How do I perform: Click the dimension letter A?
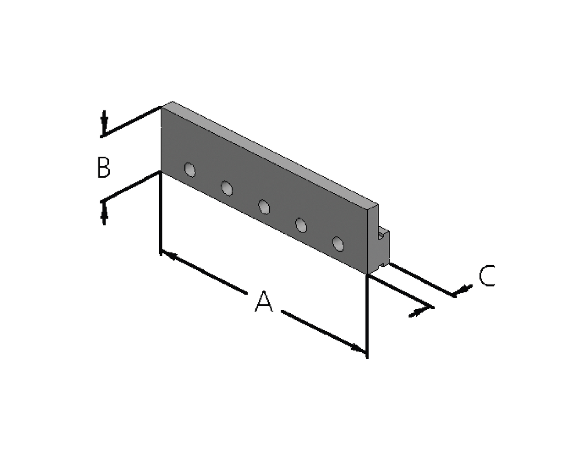pyautogui.click(x=264, y=302)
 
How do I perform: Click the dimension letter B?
pyautogui.click(x=103, y=167)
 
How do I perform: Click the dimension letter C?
pyautogui.click(x=487, y=276)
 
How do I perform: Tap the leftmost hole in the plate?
pyautogui.click(x=190, y=170)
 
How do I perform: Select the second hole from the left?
pyautogui.click(x=227, y=188)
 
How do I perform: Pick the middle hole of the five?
pyautogui.click(x=264, y=207)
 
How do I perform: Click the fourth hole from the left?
pyautogui.click(x=301, y=225)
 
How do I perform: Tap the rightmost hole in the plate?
pyautogui.click(x=338, y=244)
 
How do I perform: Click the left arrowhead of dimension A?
pyautogui.click(x=170, y=255)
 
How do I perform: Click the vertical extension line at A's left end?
pyautogui.click(x=161, y=213)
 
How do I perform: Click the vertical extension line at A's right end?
pyautogui.click(x=367, y=316)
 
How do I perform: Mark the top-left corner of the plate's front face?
pyautogui.click(x=161, y=107)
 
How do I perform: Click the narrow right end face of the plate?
pyautogui.click(x=373, y=239)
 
